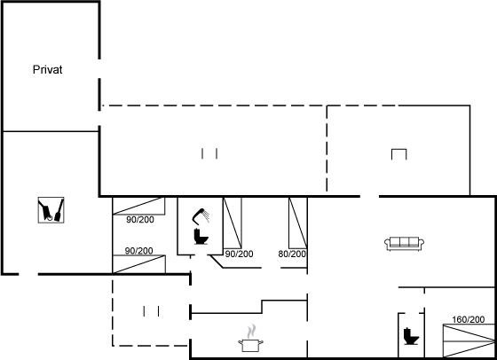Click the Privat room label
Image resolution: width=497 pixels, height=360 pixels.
point(48,70)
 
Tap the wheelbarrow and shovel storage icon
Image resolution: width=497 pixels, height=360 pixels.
point(51,210)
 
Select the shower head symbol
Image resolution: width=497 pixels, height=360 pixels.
point(201,215)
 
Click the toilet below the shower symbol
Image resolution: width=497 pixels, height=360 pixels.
point(201,236)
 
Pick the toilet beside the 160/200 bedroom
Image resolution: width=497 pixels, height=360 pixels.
point(412,336)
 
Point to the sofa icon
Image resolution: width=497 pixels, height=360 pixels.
point(404,244)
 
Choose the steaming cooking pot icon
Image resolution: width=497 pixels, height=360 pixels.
point(250,338)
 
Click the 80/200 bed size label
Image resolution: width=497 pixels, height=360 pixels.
point(292,254)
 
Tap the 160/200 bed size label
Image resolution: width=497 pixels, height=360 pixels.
point(469,319)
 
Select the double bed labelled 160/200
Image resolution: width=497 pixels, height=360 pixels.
point(469,341)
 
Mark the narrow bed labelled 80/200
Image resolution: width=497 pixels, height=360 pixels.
point(297,223)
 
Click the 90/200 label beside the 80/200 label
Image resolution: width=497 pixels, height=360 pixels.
point(239,254)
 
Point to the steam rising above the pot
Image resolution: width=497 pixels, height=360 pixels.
point(251,332)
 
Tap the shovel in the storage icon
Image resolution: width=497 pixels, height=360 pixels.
point(59,210)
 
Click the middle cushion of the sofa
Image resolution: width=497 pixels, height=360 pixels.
point(404,242)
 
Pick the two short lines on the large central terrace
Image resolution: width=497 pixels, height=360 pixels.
point(209,153)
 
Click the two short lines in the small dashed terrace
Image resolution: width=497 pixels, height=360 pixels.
point(151,311)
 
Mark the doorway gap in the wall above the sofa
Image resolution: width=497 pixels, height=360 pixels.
point(369,197)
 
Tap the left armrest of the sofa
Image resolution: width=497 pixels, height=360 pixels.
point(387,244)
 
